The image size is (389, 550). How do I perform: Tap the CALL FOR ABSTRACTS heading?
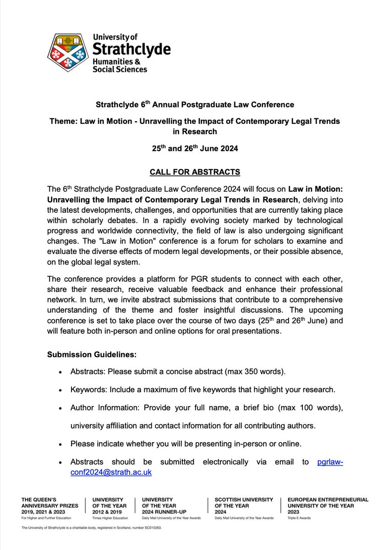(194, 172)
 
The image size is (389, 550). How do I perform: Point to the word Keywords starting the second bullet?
(87, 390)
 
